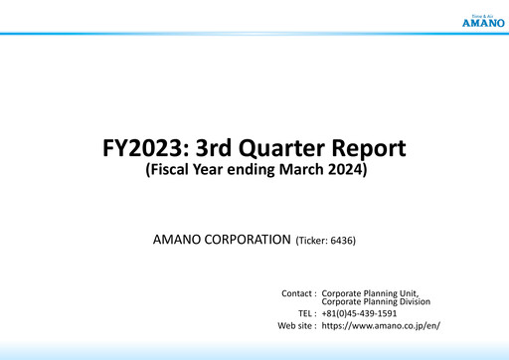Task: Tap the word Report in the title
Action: point(373,149)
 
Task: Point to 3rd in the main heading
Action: point(217,149)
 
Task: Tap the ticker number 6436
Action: point(341,241)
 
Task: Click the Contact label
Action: point(297,294)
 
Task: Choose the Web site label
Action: point(297,325)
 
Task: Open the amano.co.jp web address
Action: point(381,325)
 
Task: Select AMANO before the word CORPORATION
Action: point(173,241)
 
